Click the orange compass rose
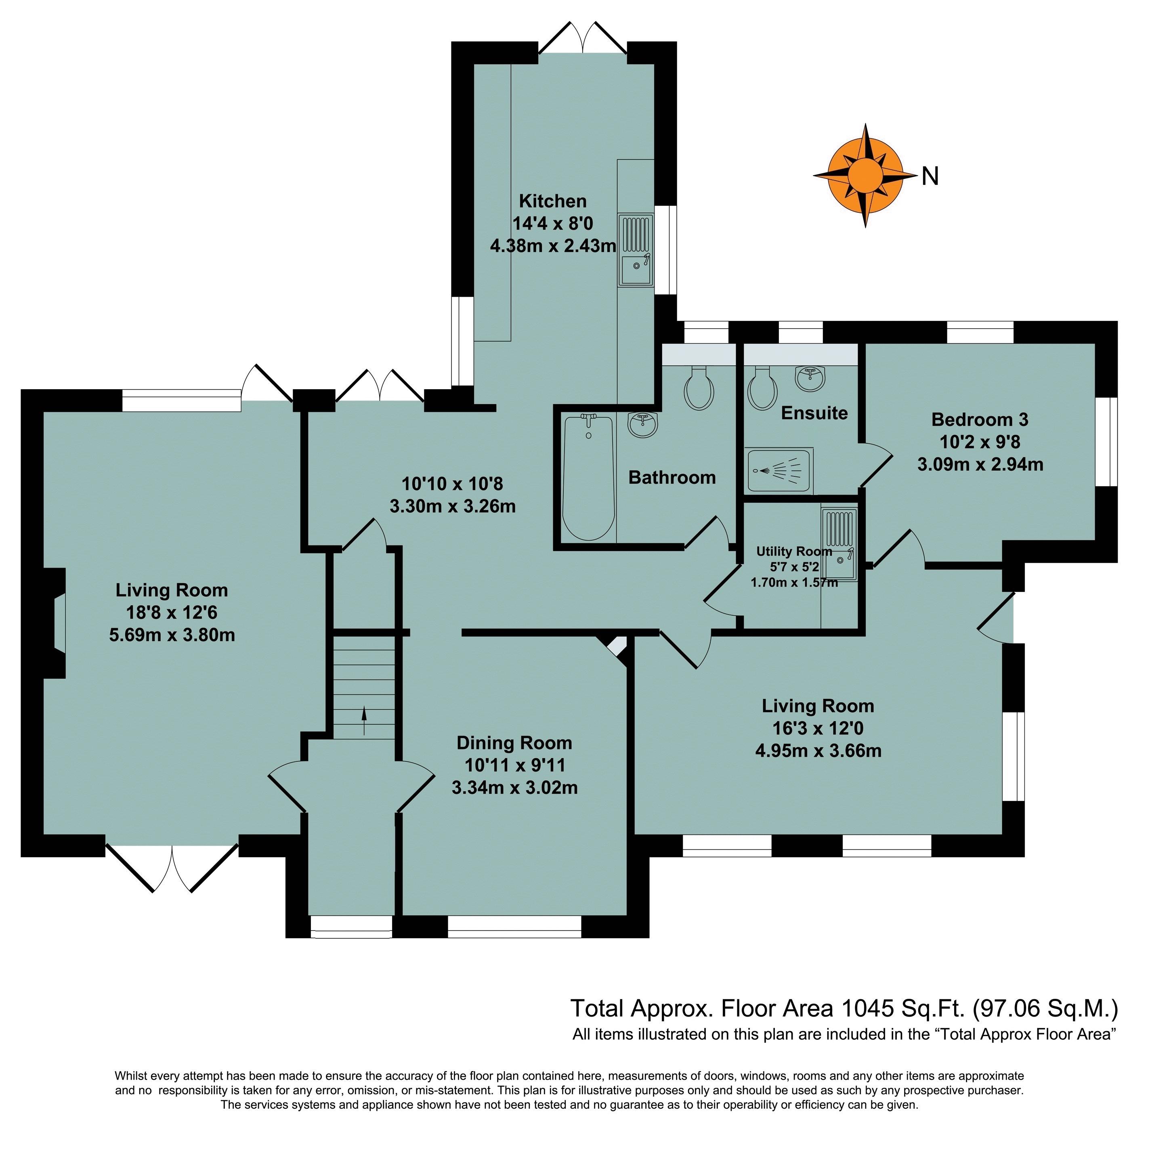pos(865,175)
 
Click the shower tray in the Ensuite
pos(778,469)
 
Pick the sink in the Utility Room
pos(839,544)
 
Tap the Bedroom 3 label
pos(979,419)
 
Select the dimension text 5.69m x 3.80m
pos(172,635)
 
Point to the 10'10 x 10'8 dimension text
pos(452,483)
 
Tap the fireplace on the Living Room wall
pos(54,622)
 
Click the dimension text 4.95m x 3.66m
pos(818,751)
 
